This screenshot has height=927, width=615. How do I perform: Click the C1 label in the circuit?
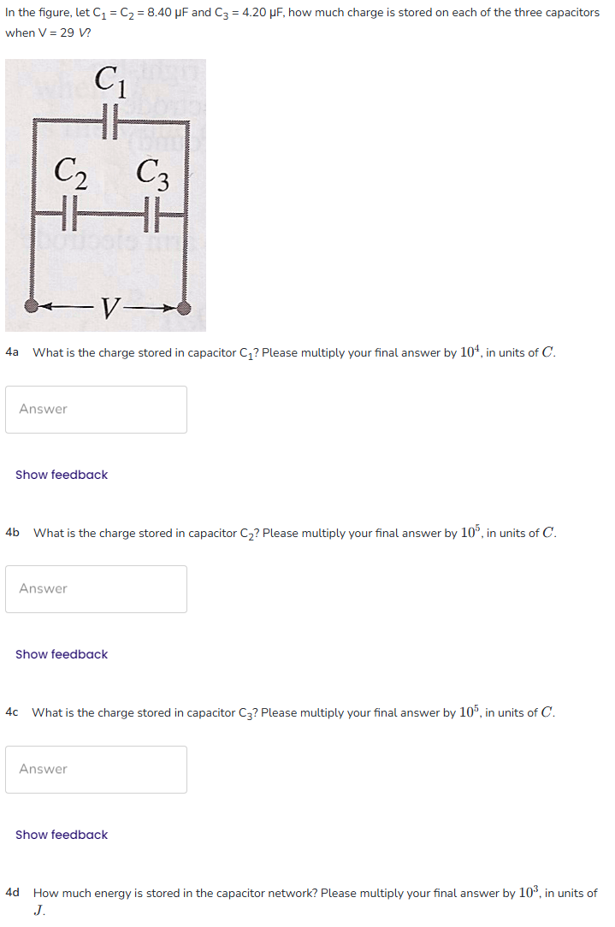click(x=110, y=82)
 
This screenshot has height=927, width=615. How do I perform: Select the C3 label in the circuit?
click(x=152, y=176)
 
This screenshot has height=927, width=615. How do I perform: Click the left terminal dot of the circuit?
click(x=32, y=305)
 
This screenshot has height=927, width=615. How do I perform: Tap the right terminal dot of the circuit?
click(x=183, y=308)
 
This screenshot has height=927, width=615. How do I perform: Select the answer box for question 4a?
click(x=96, y=410)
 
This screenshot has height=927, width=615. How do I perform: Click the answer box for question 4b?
click(x=96, y=589)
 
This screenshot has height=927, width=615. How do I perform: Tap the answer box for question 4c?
click(x=96, y=770)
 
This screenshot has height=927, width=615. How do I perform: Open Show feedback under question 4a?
click(x=62, y=475)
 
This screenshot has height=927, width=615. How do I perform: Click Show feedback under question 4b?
click(x=62, y=654)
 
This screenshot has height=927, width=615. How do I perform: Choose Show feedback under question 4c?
click(x=62, y=835)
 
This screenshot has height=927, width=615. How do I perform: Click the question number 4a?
click(x=12, y=352)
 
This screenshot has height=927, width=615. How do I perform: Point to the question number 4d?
click(x=12, y=893)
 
